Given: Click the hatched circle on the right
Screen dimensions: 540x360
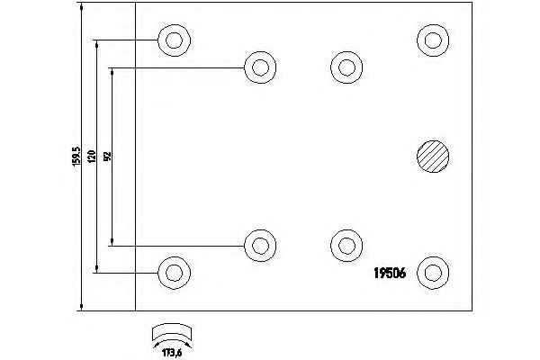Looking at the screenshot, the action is (x=433, y=157).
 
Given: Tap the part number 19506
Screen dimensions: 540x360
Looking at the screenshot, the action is (x=390, y=274).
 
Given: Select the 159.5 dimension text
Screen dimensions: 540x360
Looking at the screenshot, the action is (x=76, y=157).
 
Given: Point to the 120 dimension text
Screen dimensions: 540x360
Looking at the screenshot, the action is (x=92, y=157).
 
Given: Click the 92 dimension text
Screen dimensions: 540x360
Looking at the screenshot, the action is (x=107, y=157).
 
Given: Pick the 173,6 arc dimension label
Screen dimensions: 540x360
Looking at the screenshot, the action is (x=172, y=353).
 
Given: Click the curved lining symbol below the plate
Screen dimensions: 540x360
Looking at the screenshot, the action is (x=172, y=335).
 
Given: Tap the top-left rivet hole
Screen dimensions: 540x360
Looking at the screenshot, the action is (x=175, y=40).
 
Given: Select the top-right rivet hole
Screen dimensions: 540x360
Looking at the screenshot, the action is (x=433, y=40).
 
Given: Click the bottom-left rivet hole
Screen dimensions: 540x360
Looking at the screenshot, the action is (x=175, y=273).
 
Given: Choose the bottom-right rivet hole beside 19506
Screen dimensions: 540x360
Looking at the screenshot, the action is (x=433, y=273).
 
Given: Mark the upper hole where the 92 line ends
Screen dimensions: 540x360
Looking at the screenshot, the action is (x=260, y=67).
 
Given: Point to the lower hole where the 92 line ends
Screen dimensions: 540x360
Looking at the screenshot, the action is (x=260, y=246).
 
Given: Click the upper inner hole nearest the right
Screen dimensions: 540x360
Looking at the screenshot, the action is (x=346, y=67).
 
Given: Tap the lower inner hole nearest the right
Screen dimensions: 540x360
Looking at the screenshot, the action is (x=346, y=246).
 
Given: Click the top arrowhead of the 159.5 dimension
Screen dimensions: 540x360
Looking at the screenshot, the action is (x=81, y=6).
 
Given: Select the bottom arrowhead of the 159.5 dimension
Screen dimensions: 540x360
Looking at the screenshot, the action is (x=81, y=307).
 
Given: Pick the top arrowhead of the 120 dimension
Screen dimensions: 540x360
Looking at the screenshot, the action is (x=96, y=44).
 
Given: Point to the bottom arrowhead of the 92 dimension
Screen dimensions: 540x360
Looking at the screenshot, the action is (x=112, y=242).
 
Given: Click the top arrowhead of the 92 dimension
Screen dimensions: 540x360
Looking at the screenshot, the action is (x=112, y=72).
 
